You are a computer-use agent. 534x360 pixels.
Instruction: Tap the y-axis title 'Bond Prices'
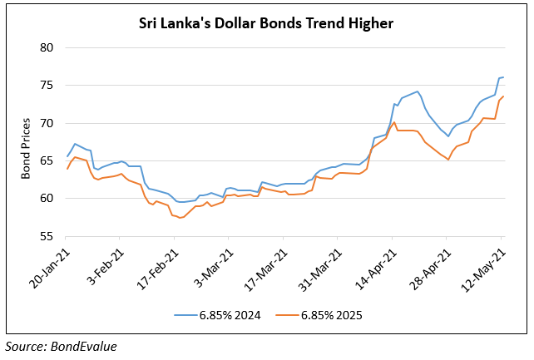click(26, 142)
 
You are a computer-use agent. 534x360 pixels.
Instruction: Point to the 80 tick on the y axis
click(47, 47)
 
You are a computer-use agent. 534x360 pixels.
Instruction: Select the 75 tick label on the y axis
click(47, 86)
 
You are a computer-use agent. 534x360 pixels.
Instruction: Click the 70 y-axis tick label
click(47, 123)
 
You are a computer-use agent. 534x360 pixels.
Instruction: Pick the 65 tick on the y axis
click(47, 160)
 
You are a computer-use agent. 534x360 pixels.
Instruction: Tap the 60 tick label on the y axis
click(47, 199)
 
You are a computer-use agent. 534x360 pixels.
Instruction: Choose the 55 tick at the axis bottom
click(47, 236)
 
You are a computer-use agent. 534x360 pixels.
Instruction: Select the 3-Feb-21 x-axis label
click(106, 265)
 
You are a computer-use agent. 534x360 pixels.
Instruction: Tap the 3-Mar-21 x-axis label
click(215, 265)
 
